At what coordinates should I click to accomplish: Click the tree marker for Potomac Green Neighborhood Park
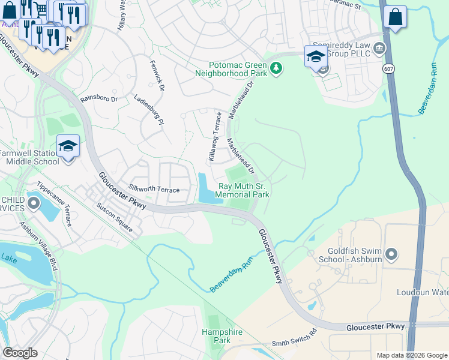pos(276,68)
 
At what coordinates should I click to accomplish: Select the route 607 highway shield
pos(390,69)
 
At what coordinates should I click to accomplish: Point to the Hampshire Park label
pos(216,336)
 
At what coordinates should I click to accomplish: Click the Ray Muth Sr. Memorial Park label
pos(243,191)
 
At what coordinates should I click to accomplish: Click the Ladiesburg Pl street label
pos(149,109)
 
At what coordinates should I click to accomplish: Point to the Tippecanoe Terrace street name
pos(55,204)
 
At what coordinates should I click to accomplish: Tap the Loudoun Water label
pos(423,293)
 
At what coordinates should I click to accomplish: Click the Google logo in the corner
pos(20,352)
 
